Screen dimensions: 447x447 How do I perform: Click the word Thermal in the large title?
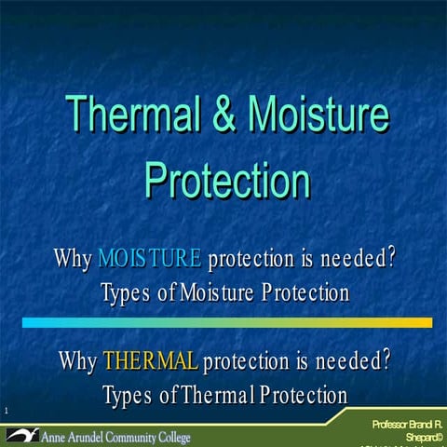(131, 115)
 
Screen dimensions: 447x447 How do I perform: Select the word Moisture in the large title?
(318, 115)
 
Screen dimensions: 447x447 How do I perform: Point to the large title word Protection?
(226, 176)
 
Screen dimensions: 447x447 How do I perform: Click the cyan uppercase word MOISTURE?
(149, 257)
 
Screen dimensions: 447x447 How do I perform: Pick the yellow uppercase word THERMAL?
(150, 359)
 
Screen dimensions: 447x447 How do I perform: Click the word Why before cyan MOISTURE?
(73, 257)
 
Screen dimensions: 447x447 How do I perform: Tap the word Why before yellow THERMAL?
(78, 359)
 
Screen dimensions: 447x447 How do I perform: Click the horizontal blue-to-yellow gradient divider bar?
(226, 322)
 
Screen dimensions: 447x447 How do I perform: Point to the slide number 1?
(6, 412)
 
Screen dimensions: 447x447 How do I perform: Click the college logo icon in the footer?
(20, 435)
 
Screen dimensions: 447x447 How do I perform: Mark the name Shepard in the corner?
(422, 437)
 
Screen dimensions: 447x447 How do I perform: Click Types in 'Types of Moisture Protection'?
(125, 293)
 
